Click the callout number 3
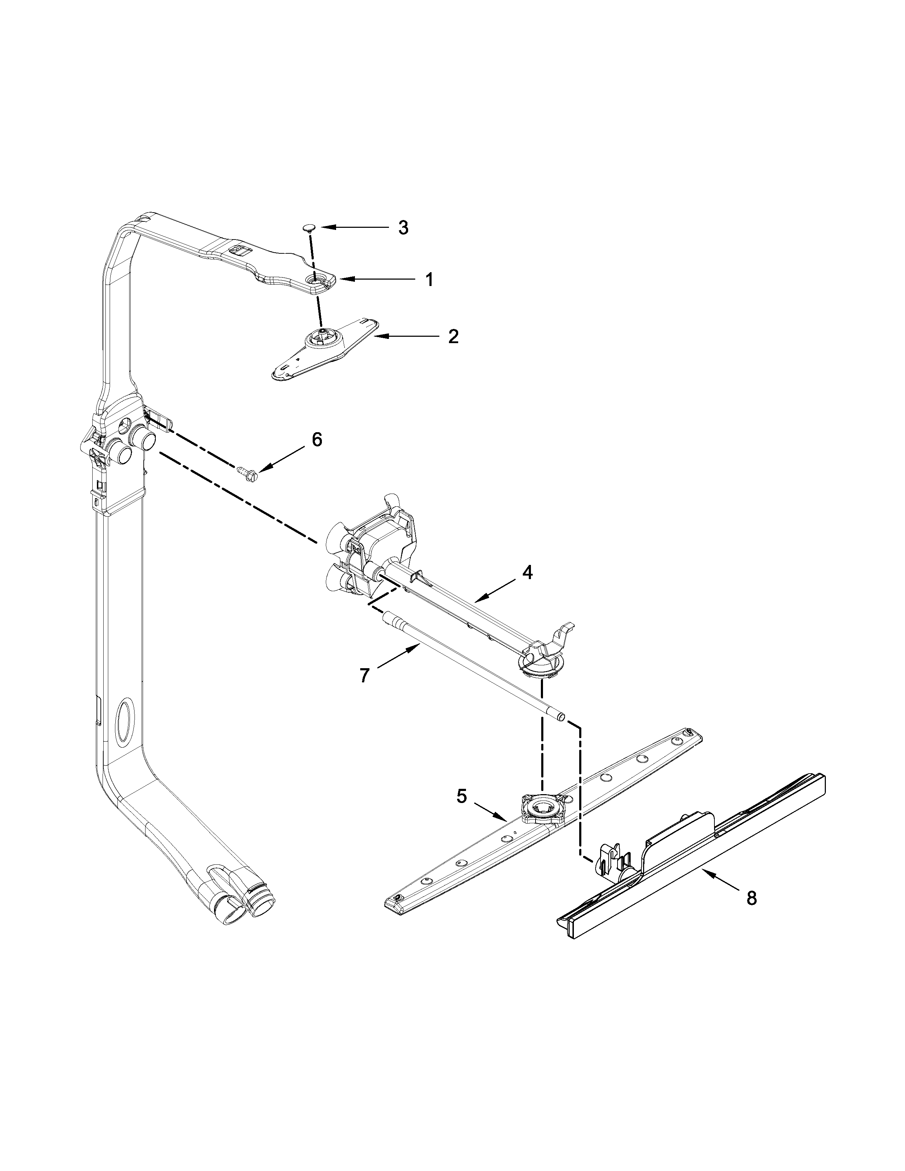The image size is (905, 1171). tap(403, 227)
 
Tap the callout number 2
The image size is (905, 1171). tap(453, 337)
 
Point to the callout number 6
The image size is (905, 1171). tap(317, 440)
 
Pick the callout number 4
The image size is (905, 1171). tap(527, 573)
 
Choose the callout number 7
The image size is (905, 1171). tap(364, 676)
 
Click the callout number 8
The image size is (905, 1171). tap(752, 898)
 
